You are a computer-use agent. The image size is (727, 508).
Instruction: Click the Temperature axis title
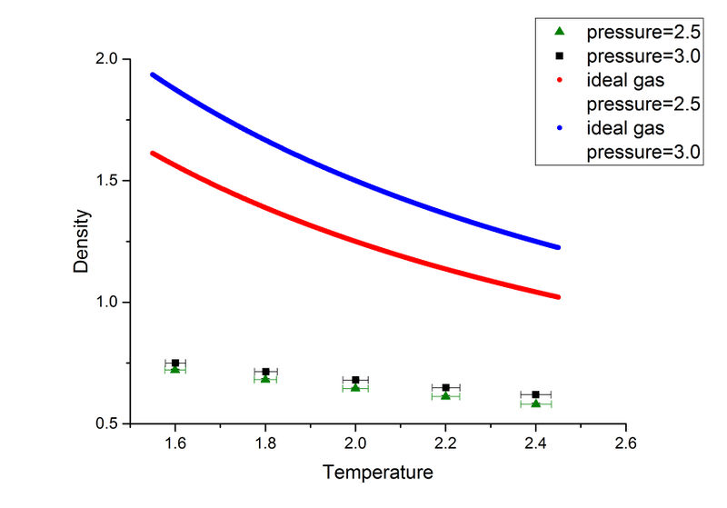pos(376,473)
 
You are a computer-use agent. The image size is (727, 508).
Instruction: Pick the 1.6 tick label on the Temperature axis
pos(175,444)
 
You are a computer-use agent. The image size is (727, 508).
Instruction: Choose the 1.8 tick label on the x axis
pos(265,444)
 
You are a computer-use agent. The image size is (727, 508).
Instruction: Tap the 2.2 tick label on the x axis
pos(445,444)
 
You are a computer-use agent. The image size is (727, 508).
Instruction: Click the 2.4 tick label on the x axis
pos(535,444)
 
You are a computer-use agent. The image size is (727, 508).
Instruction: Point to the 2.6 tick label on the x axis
pos(625,444)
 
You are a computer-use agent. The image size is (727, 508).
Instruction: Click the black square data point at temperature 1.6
pos(175,364)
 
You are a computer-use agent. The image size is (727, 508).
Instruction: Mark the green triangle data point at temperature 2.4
pos(536,403)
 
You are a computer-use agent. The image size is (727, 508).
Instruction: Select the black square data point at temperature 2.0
pos(355,380)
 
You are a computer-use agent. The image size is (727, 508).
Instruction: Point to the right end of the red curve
pos(558,297)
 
